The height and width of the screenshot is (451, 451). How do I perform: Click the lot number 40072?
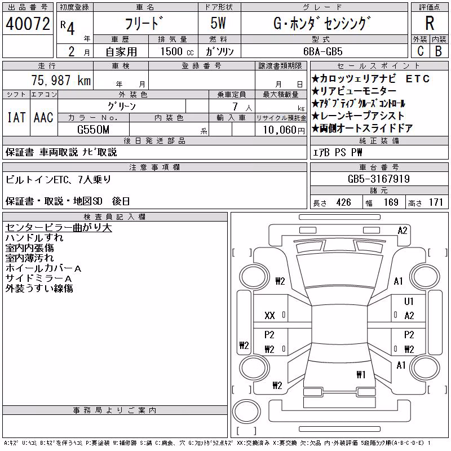pos(28,24)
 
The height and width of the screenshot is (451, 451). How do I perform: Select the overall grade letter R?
pos(430,23)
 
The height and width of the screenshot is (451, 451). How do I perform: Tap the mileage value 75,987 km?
pos(61,80)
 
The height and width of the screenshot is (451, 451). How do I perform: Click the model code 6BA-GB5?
pos(322,51)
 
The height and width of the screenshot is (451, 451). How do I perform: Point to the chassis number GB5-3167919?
pos(378,179)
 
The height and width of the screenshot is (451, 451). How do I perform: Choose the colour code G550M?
pos(93,130)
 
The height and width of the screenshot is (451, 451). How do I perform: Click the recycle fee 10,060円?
pos(284,130)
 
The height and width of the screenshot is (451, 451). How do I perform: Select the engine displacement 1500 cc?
pos(177,51)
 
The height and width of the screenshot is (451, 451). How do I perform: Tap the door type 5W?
pos(218,23)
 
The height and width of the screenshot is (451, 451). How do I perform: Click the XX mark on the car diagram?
pos(269,316)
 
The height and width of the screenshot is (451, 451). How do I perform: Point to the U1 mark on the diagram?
pos(409,301)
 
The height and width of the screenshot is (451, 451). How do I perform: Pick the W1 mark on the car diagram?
pos(361,374)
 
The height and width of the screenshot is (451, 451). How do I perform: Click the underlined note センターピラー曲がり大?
pos(59,228)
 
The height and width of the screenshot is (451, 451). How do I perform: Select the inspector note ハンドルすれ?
pos(34,238)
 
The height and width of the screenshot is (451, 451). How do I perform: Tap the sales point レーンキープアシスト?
pos(358,116)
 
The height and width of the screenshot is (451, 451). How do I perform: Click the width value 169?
pos(391,202)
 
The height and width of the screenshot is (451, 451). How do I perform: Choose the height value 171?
pos(436,202)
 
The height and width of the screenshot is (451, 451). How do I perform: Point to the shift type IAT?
pos(16,118)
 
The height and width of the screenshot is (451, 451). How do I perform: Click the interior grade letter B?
pos(439,51)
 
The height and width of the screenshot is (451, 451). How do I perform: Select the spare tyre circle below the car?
pos(246,412)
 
